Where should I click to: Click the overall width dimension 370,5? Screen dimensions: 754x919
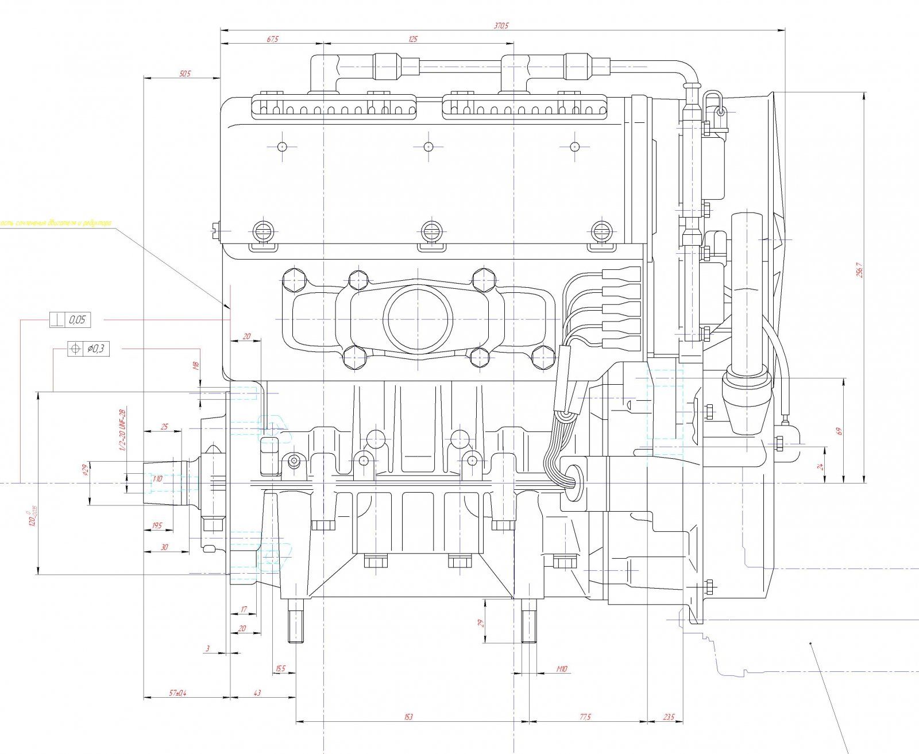pos(501,25)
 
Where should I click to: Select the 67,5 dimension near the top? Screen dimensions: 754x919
pos(272,40)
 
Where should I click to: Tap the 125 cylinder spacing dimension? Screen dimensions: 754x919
pos(412,40)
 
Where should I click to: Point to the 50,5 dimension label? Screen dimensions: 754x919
pos(184,74)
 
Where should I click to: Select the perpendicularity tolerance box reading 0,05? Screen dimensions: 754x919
pos(70,320)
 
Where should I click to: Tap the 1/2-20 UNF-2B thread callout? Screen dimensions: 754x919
pos(122,429)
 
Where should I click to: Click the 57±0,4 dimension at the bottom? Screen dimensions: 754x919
pos(178,693)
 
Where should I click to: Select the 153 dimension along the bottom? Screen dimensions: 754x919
pos(408,717)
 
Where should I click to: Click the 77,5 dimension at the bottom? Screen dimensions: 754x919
pos(585,717)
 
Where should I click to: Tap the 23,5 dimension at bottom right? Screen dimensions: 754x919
pos(669,717)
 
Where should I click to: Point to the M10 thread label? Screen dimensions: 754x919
pos(562,669)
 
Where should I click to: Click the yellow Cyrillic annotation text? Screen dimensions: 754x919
pos(56,223)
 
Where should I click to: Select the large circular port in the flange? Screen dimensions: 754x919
pos(418,319)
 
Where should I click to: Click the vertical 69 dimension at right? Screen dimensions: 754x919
pos(839,430)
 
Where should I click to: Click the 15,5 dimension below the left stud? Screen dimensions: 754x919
pos(280,669)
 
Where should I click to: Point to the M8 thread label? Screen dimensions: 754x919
pos(196,366)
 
